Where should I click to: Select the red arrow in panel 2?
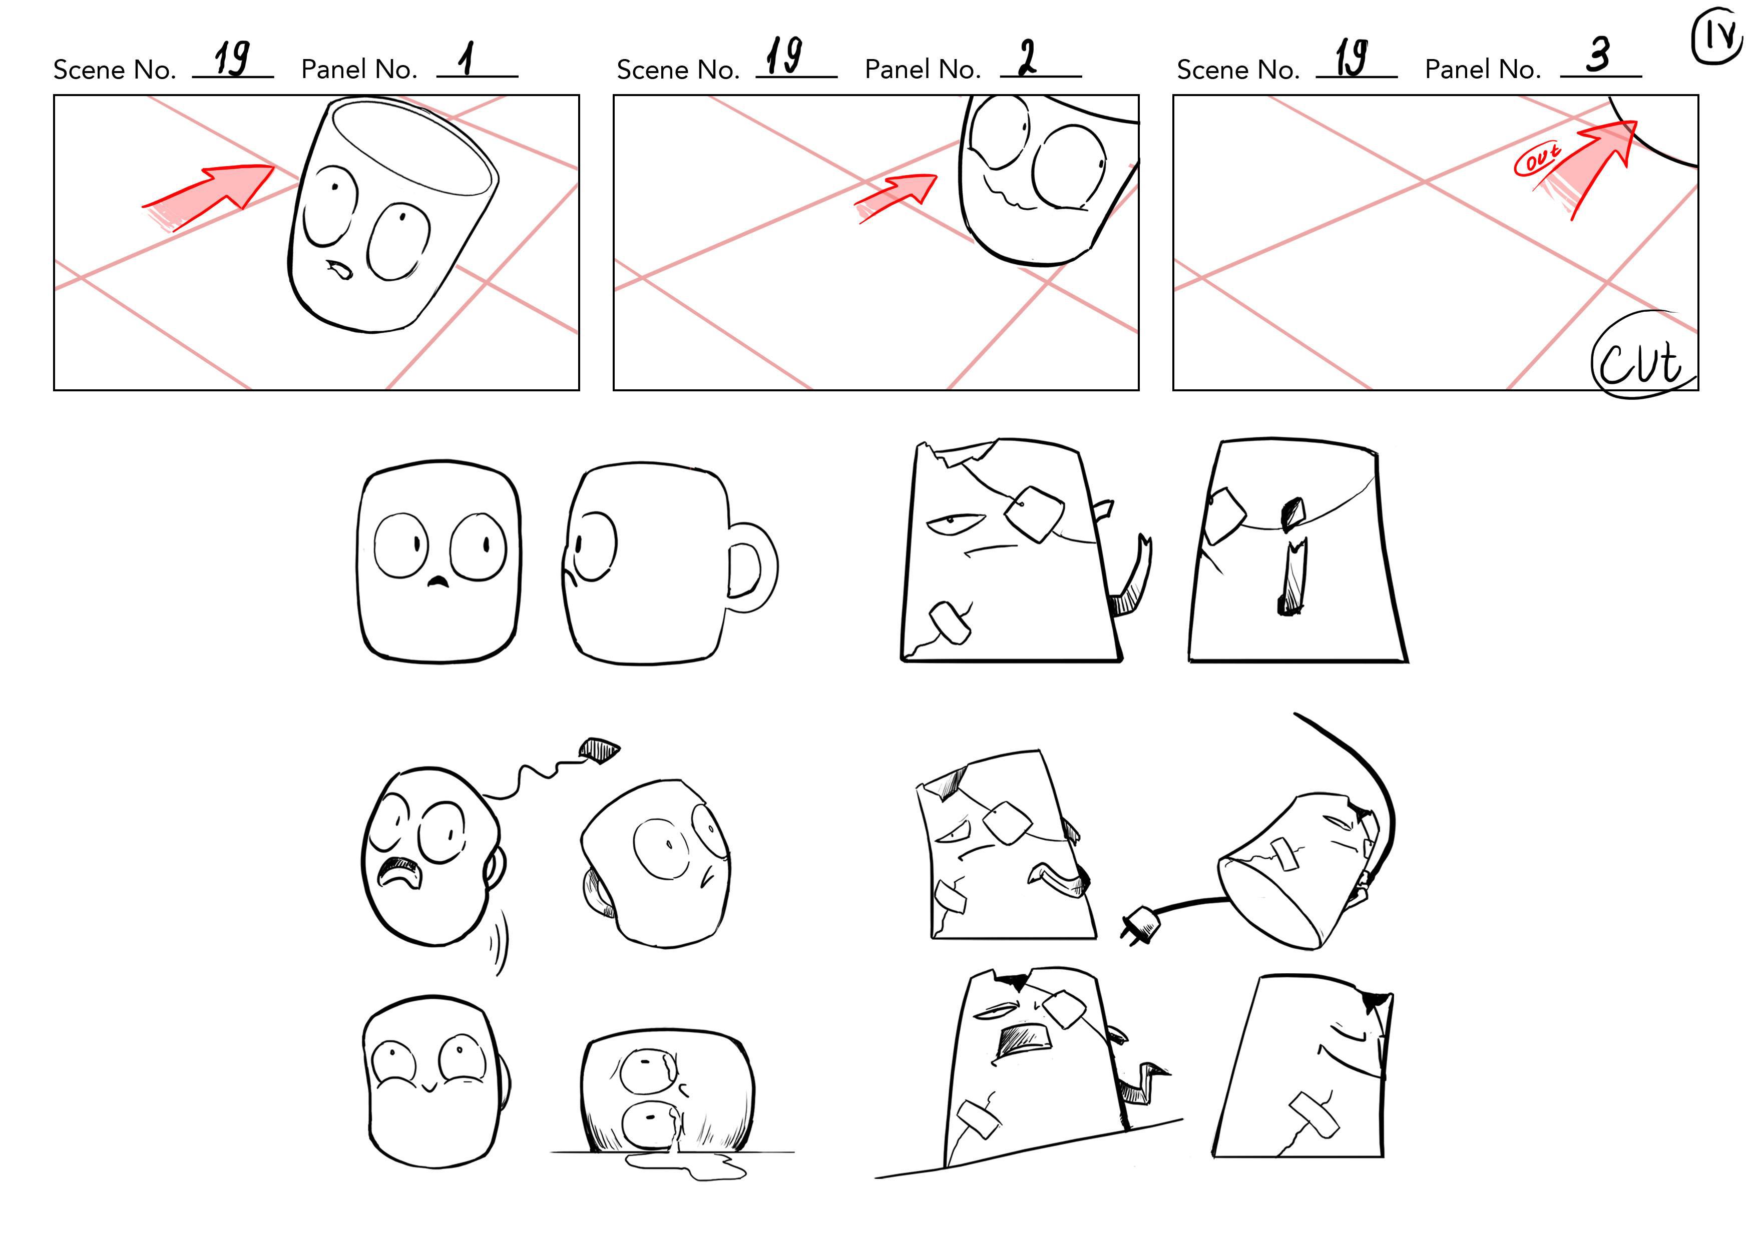tap(896, 197)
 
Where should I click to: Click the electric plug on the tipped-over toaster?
tap(1140, 925)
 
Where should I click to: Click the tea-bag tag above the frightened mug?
tap(600, 750)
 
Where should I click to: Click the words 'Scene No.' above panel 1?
tap(115, 70)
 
